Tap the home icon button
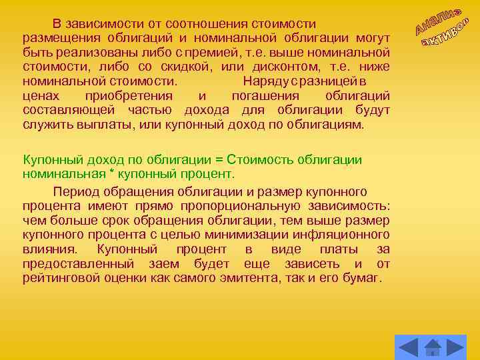coord(433,347)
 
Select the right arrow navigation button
coord(456,346)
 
